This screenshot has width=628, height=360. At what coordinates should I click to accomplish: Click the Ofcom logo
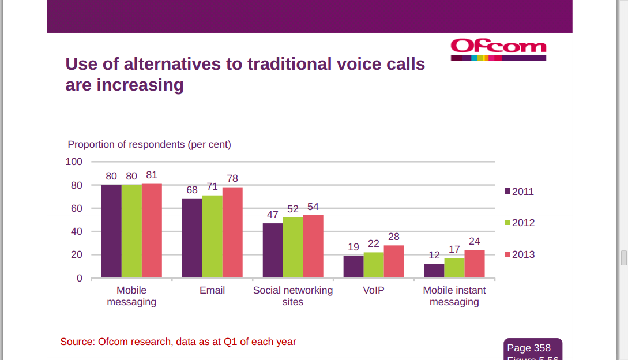point(498,49)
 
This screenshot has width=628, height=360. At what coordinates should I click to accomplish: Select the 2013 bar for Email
point(232,232)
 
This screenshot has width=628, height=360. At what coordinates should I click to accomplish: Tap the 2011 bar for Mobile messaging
point(111,231)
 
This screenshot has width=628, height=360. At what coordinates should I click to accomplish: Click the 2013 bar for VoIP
point(394,261)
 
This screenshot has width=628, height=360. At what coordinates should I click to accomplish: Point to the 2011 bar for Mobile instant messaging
point(434,271)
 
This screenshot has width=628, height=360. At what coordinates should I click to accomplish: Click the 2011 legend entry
point(519,192)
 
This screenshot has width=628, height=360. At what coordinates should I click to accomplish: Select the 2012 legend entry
point(519,223)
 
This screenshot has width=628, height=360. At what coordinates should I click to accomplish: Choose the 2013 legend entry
point(519,254)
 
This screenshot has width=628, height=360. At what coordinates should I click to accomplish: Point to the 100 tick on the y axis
point(74,162)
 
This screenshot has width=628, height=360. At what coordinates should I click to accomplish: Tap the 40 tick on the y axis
point(77,231)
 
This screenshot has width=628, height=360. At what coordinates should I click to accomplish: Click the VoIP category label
point(374,290)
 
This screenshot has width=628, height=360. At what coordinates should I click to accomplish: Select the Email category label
point(212,290)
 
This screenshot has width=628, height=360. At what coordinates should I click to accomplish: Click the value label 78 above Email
point(232,178)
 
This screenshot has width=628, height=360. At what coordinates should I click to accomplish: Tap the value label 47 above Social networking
point(272,215)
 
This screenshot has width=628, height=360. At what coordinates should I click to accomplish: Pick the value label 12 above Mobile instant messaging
point(434,255)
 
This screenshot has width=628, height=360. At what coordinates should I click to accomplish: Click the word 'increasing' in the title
point(140,85)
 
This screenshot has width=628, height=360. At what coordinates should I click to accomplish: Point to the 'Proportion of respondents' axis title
point(149,144)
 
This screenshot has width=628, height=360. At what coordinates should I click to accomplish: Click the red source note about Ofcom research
point(178,342)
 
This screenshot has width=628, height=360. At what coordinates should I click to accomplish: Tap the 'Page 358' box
point(529,348)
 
